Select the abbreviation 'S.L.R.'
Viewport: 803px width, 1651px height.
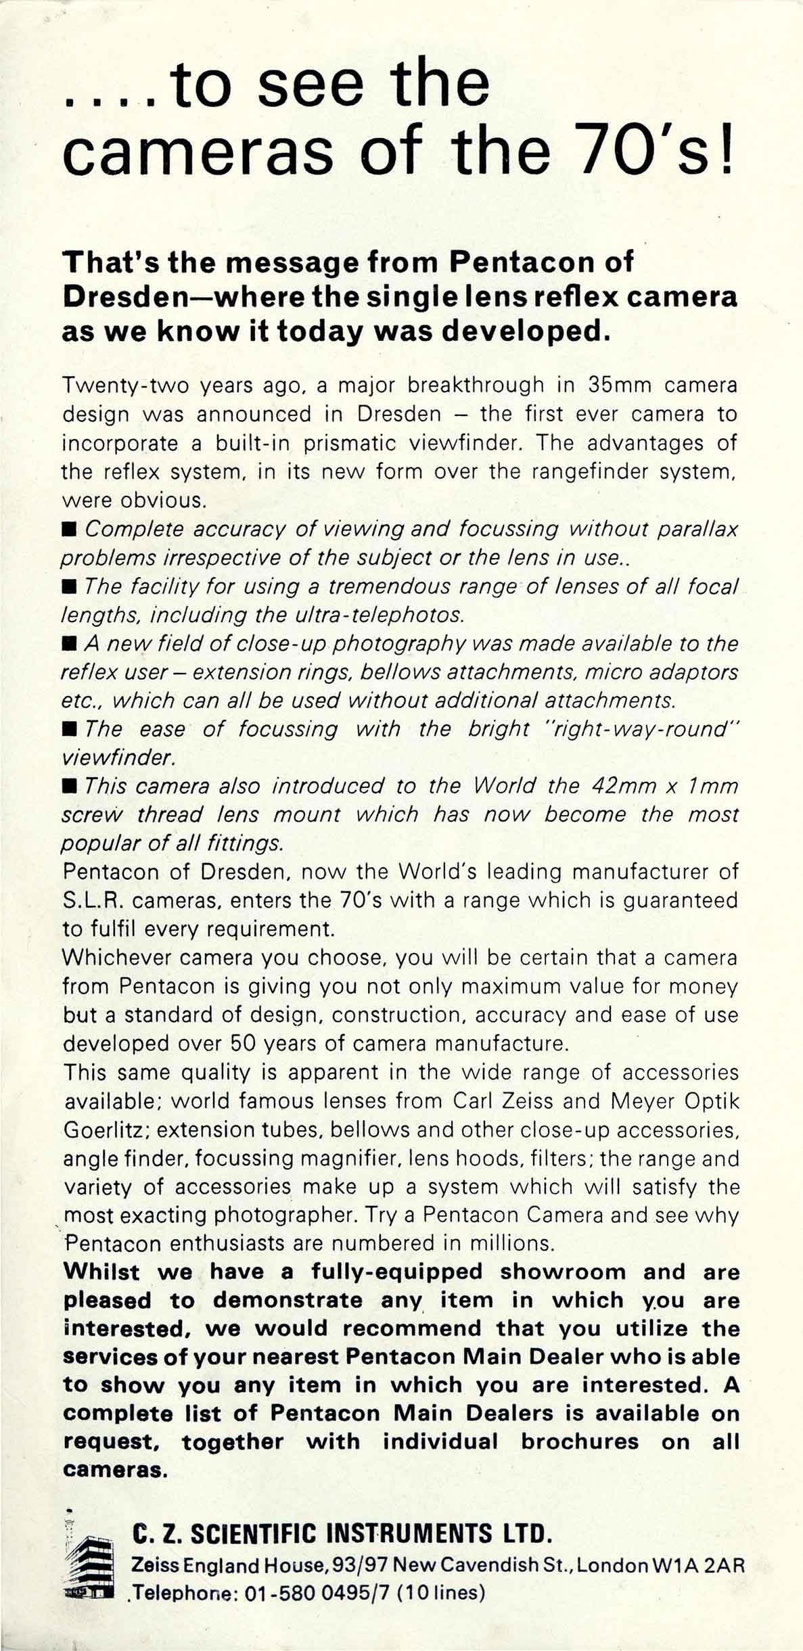[93, 900]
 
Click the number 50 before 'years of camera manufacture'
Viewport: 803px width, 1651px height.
[243, 1043]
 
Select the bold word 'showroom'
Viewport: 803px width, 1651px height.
[563, 1272]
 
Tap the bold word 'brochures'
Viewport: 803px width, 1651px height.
[580, 1441]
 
